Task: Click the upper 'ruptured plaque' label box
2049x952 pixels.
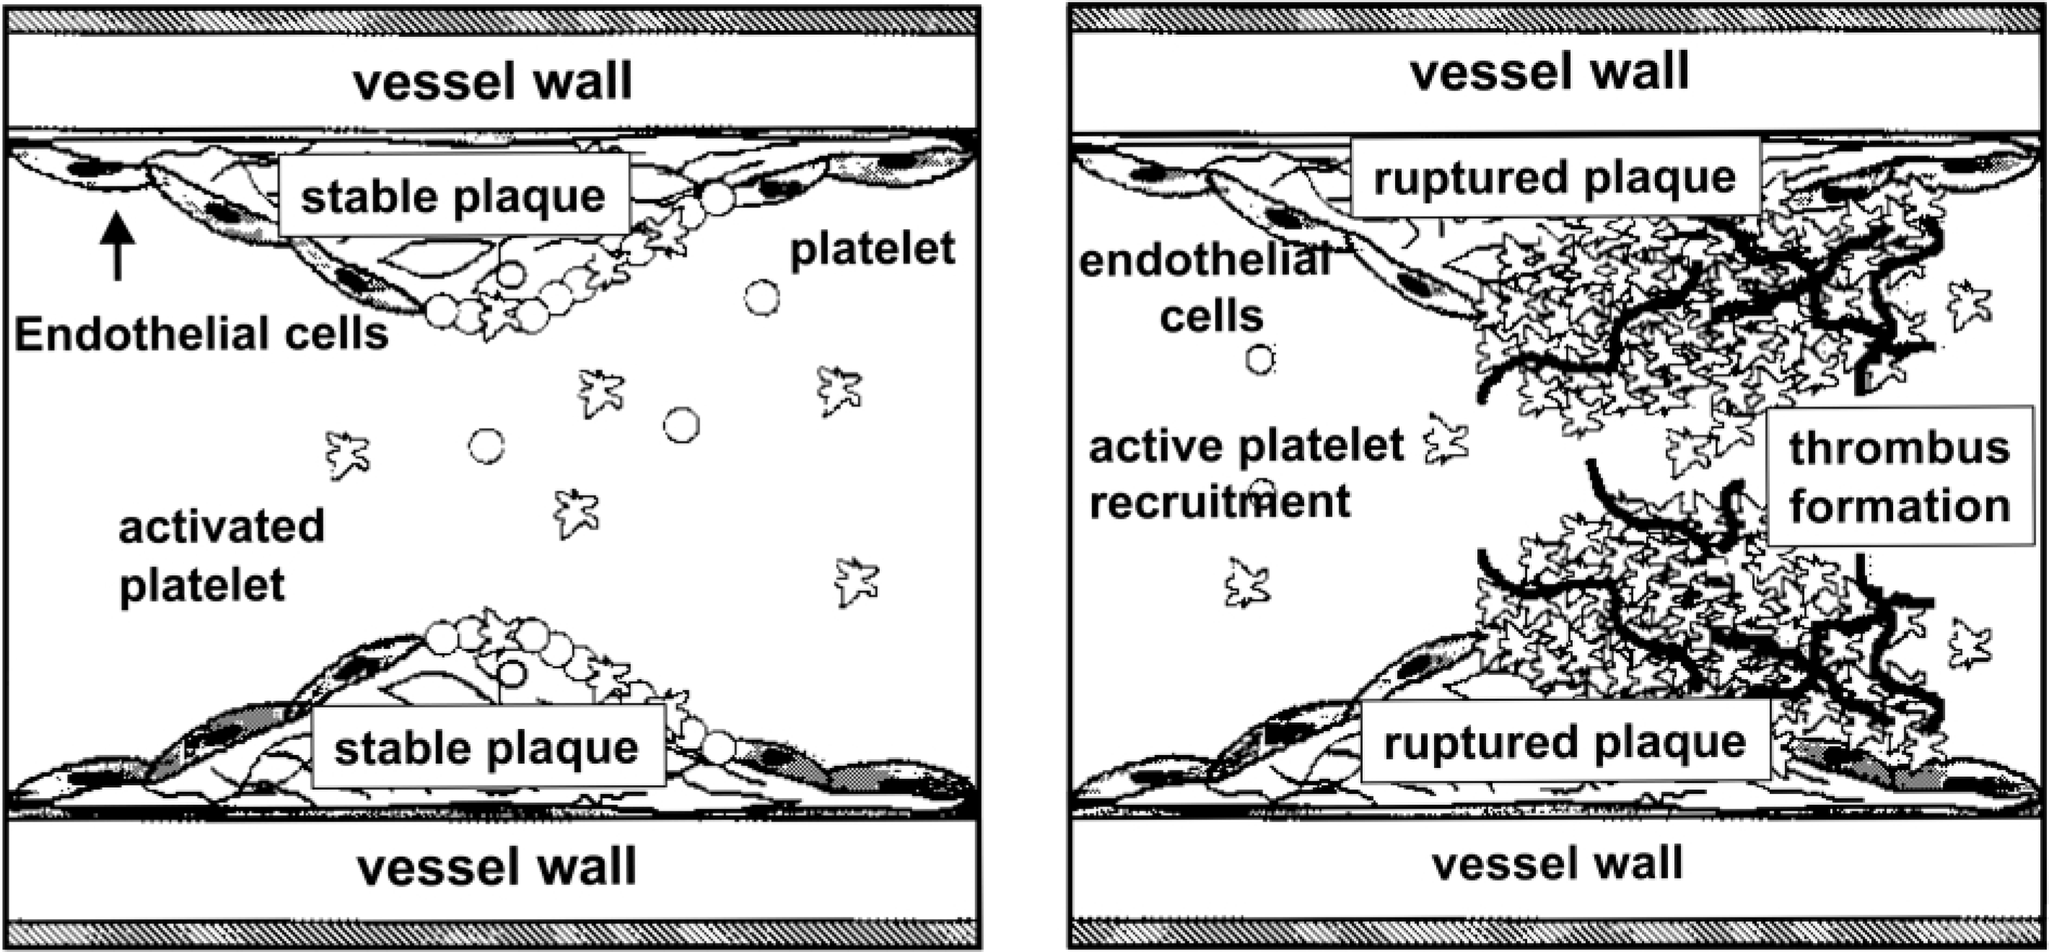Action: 1555,176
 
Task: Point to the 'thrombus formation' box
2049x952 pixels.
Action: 1900,476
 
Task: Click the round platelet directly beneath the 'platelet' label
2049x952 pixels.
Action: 762,297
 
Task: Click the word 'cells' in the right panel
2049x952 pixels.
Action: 1211,316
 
